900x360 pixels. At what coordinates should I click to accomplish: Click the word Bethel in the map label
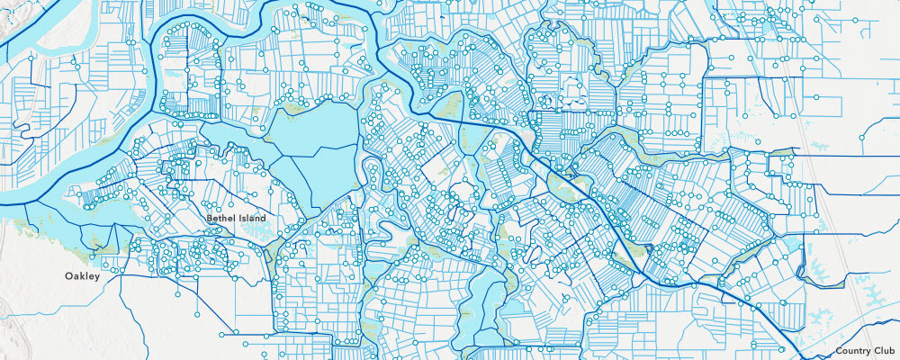tap(220, 218)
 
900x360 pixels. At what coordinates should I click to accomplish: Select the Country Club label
tap(865, 350)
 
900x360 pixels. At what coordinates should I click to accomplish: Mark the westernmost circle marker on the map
tap(31, 58)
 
